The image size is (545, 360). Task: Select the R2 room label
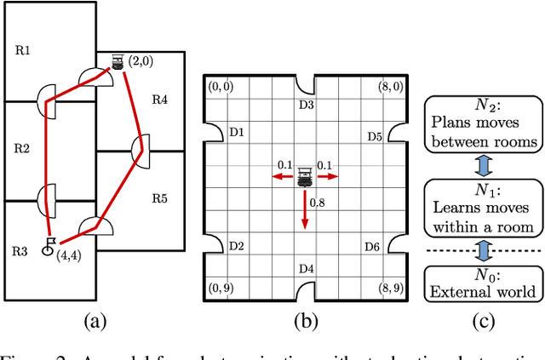22,148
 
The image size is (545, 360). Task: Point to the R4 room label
159,100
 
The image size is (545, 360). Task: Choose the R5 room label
159,199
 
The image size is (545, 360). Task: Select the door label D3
306,106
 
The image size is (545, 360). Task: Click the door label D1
238,133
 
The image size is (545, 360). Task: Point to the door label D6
373,247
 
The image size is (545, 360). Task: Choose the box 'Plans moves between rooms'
482,124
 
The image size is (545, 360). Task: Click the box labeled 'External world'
482,283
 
